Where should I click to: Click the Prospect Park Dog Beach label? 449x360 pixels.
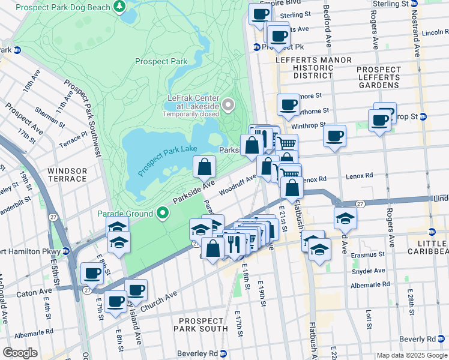pyautogui.click(x=63, y=7)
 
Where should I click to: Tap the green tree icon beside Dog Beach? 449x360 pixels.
pyautogui.click(x=120, y=7)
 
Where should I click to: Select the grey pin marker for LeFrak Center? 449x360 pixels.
pyautogui.click(x=228, y=106)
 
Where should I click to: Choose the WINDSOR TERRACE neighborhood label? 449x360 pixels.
pyautogui.click(x=67, y=175)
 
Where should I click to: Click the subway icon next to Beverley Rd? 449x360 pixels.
pyautogui.click(x=223, y=353)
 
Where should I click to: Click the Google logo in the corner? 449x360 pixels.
pyautogui.click(x=20, y=353)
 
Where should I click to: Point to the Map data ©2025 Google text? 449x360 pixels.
pyautogui.click(x=411, y=355)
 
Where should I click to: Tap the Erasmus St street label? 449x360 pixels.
pyautogui.click(x=369, y=254)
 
